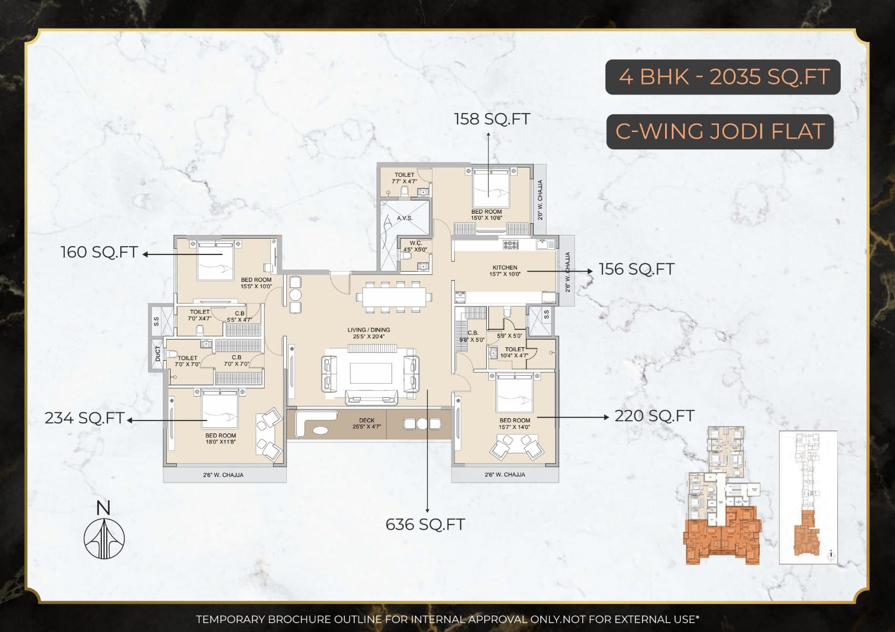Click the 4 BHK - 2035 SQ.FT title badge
(723, 77)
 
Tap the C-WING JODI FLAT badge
(720, 132)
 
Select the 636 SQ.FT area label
(425, 525)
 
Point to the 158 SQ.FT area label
(492, 119)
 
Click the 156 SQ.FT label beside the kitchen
(637, 270)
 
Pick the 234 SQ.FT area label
(84, 418)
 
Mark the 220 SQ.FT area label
(654, 416)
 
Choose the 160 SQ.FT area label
(99, 252)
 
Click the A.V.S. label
(404, 218)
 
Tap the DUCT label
(158, 354)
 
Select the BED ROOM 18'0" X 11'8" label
(220, 438)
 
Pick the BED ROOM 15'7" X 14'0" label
(515, 423)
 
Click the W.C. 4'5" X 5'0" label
(415, 247)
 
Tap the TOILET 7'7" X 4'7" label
(404, 178)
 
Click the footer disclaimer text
(447, 619)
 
